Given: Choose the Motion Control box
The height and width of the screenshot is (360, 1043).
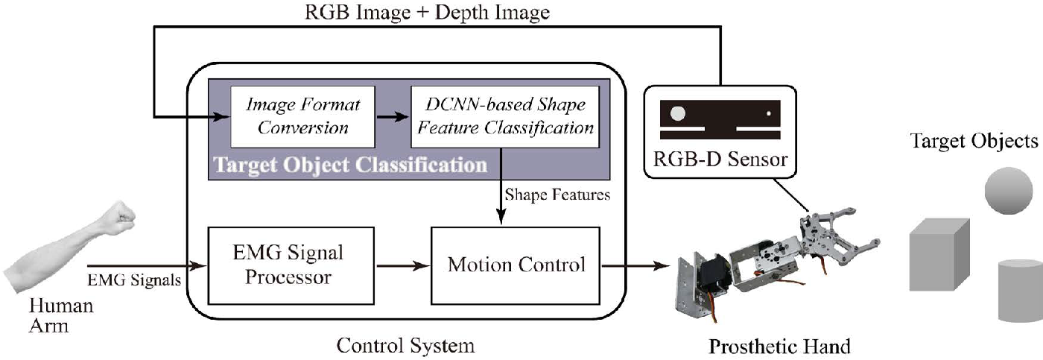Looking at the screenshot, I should (516, 265).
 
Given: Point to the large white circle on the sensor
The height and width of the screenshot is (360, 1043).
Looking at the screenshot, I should (679, 114).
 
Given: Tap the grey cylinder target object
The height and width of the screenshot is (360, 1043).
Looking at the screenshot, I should (1021, 291).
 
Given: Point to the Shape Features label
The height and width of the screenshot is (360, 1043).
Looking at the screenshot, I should (558, 195).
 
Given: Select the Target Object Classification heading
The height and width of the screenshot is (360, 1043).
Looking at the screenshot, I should (349, 164).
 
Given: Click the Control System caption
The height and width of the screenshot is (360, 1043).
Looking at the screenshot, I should (405, 346).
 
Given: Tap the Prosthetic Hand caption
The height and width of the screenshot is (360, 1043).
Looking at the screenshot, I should (779, 347).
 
